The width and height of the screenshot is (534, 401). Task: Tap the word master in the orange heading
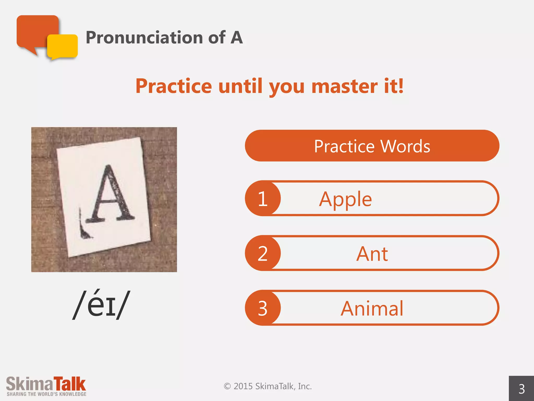[x=344, y=86]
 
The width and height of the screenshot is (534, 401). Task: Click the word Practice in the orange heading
[x=174, y=86]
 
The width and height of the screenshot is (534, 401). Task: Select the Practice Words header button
[x=372, y=146]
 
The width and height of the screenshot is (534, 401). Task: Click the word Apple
[x=345, y=199]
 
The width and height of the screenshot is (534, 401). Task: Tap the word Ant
[x=372, y=254]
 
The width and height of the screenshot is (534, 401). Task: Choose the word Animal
[x=372, y=309]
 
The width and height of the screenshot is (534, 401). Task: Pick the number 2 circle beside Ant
[x=263, y=253]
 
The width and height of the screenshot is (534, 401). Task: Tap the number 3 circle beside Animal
[x=263, y=308]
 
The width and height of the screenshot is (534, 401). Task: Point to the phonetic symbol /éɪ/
[x=101, y=305]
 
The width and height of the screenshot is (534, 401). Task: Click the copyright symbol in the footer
[x=227, y=386]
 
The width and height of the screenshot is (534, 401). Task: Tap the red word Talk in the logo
[x=70, y=384]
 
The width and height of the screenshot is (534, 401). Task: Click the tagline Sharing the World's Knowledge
[x=46, y=394]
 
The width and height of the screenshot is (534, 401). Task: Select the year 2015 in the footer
[x=243, y=386]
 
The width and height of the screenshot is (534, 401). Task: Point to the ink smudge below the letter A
[x=85, y=232]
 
